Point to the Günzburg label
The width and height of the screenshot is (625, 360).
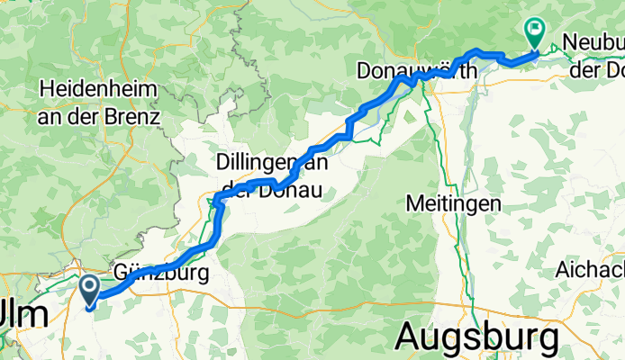point(162,272)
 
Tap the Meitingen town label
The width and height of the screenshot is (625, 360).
point(453,203)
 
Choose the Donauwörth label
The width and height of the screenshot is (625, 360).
point(416,70)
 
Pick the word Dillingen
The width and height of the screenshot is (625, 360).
point(251,163)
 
